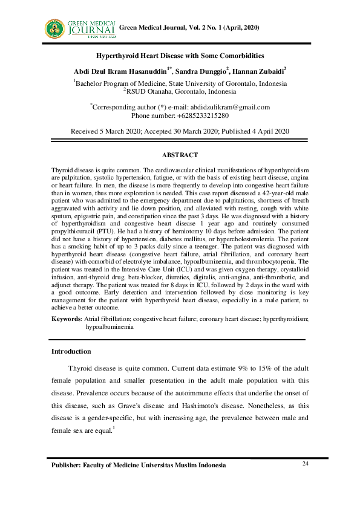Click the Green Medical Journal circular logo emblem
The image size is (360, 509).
click(x=55, y=28)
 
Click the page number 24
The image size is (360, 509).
click(x=305, y=463)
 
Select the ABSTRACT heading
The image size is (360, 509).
click(x=180, y=155)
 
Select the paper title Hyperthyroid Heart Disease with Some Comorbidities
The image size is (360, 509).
click(x=180, y=56)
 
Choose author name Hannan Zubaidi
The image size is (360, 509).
click(x=258, y=71)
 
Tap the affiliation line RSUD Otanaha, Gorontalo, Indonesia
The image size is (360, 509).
click(x=180, y=92)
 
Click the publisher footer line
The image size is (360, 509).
click(x=139, y=465)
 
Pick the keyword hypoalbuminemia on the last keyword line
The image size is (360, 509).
click(x=110, y=326)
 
